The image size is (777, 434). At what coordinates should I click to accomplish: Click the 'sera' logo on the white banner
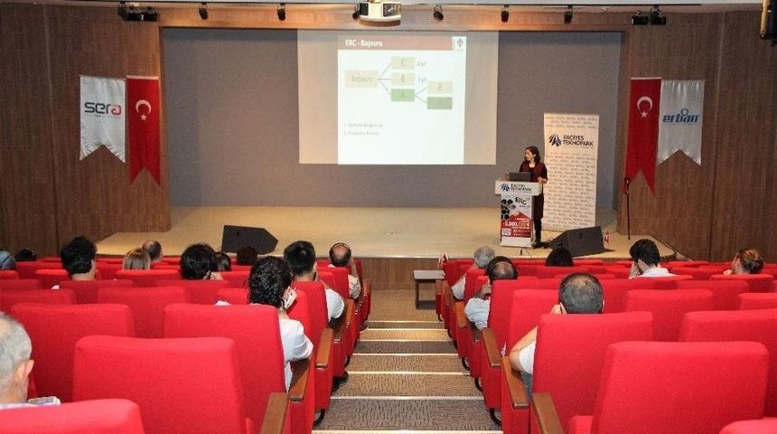click(102, 108)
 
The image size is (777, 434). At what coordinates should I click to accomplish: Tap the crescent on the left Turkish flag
click(143, 108)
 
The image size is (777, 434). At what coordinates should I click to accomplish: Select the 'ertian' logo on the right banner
click(680, 116)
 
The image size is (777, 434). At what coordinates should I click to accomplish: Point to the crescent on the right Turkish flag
click(644, 106)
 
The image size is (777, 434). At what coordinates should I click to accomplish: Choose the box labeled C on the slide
click(403, 63)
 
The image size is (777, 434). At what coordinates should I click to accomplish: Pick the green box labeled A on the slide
click(403, 94)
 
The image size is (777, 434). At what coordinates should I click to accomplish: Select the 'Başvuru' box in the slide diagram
click(361, 79)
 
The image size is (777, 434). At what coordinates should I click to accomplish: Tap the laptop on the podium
click(520, 177)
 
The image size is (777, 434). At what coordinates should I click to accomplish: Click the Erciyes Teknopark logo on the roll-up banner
click(570, 140)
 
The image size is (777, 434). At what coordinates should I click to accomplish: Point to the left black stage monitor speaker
click(249, 239)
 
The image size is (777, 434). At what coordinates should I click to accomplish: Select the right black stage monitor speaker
click(577, 241)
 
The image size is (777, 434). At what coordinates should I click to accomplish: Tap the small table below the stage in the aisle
click(427, 280)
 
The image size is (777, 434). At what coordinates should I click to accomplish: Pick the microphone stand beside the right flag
click(625, 208)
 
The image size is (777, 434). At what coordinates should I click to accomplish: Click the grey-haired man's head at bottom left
click(13, 358)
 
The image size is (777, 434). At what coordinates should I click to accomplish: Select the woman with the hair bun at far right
click(748, 261)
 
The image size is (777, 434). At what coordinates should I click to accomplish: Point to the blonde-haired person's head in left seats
click(136, 259)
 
